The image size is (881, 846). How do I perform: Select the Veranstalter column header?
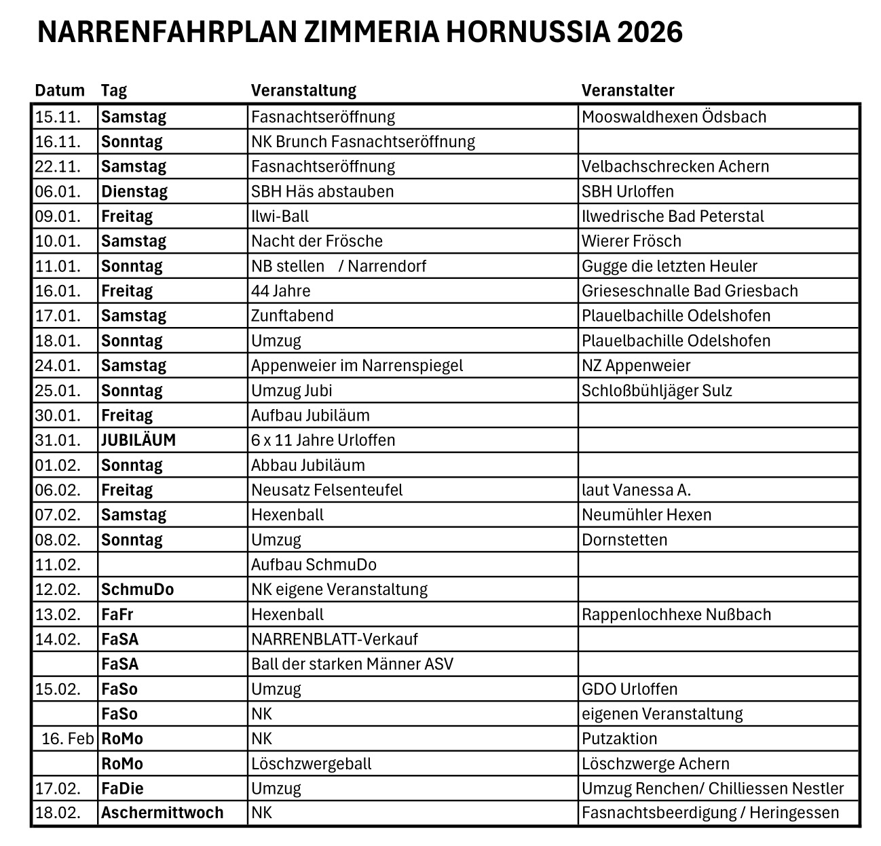(628, 90)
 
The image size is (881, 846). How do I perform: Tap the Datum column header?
(60, 90)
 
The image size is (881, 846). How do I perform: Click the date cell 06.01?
(58, 191)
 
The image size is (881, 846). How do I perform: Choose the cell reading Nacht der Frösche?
(317, 241)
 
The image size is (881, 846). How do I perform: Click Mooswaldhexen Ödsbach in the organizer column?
(673, 117)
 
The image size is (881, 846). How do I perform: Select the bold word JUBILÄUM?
(138, 440)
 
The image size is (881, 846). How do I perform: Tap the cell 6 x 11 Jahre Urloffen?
(323, 440)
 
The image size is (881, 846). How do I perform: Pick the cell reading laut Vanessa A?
(636, 490)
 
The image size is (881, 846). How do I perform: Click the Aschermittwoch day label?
(162, 813)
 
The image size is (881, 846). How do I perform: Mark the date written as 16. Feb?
(67, 738)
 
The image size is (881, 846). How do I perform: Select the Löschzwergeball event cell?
(312, 763)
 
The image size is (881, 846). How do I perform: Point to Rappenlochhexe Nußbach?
(676, 615)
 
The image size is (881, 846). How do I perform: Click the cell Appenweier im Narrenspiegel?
(357, 366)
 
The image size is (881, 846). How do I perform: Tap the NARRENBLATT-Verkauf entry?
(335, 639)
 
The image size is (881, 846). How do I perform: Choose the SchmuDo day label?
(137, 590)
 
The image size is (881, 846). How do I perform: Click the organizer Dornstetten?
(624, 540)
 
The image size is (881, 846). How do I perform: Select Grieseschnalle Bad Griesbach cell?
(690, 291)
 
